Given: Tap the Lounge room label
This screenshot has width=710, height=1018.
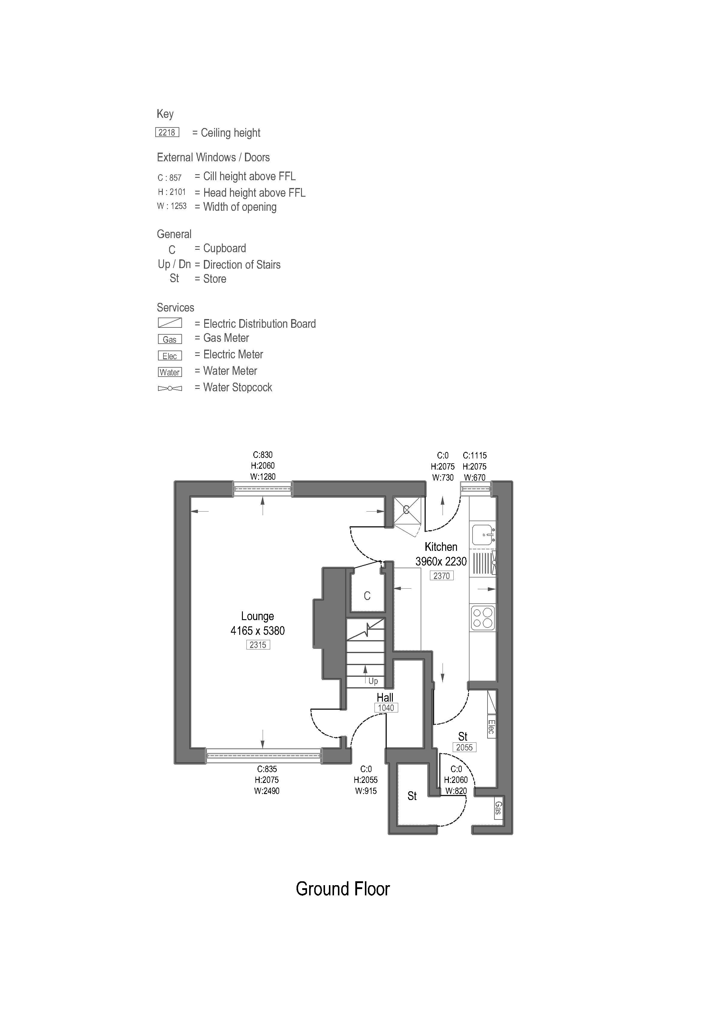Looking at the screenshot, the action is coord(257,616).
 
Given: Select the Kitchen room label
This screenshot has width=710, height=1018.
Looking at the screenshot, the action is coord(441,547).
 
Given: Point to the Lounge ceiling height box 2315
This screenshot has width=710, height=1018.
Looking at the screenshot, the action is coord(258,645).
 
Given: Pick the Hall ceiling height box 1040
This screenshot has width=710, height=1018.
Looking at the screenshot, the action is coord(386,708).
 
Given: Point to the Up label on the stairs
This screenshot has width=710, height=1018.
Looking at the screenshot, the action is coord(373,681).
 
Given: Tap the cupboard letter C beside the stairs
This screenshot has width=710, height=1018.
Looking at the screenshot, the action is coord(367,596).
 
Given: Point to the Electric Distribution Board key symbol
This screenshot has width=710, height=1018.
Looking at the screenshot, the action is coord(170,323).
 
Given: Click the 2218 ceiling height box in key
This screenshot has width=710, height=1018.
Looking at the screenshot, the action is coord(167,132).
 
